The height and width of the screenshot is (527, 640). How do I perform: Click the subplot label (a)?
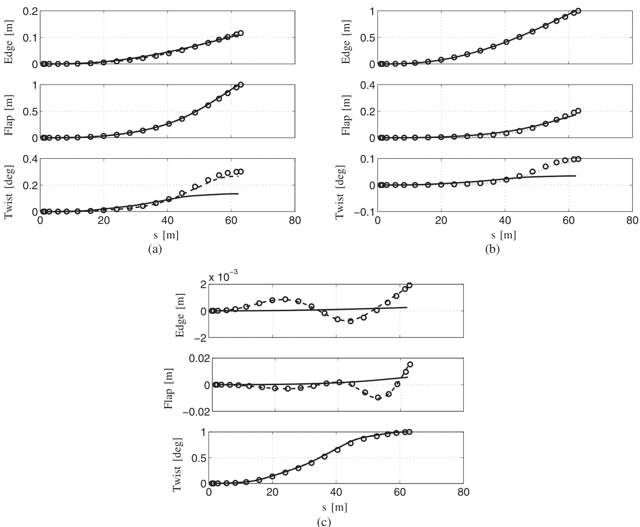point(153,249)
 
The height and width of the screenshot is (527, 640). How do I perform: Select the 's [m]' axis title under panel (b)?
point(504,235)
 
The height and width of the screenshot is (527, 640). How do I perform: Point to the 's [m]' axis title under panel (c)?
point(335,507)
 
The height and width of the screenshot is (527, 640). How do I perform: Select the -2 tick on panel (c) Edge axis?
point(199,338)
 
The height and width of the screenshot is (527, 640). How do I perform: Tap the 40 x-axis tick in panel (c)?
point(336,493)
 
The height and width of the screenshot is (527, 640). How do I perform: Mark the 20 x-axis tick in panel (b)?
point(441,222)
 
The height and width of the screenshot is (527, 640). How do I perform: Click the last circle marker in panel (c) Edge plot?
point(409,285)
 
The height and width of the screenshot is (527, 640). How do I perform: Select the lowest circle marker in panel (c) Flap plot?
point(378,398)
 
